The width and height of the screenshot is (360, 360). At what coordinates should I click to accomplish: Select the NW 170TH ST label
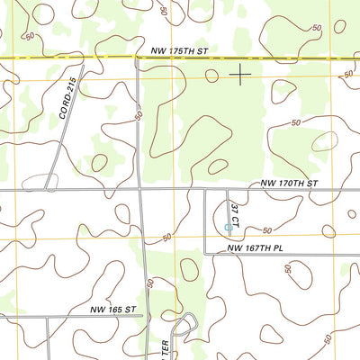point(290,183)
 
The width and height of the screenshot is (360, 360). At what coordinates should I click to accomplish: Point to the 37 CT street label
point(235,214)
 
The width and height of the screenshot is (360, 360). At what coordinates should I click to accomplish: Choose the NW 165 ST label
point(112,309)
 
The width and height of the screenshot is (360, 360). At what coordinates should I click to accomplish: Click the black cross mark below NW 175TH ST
point(240,75)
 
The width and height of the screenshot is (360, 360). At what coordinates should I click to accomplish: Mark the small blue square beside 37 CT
point(227,227)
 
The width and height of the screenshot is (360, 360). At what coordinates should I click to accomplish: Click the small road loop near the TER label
point(187,322)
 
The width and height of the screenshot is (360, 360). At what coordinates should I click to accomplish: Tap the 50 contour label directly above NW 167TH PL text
point(267,231)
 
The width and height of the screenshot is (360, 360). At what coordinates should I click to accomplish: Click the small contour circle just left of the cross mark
point(211,76)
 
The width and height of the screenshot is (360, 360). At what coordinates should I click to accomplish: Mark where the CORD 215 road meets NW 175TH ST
point(83,59)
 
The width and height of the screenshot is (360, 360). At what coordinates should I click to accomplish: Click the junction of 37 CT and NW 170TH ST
point(226,190)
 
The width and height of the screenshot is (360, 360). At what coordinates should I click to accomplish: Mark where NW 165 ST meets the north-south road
point(148,317)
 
